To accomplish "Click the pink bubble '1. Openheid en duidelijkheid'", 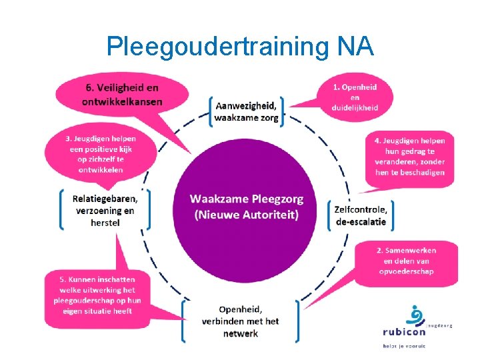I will [x=354, y=97].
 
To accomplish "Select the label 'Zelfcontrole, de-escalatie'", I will [x=360, y=213].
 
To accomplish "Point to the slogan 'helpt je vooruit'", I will [x=404, y=345].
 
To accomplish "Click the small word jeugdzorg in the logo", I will [x=440, y=325].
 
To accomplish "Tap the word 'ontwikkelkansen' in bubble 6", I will [x=122, y=101].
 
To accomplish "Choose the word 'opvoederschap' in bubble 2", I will [x=406, y=271].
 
